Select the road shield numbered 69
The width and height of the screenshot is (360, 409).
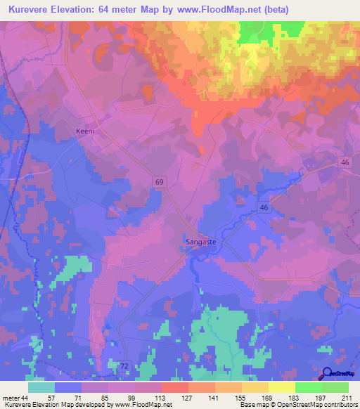tap(160, 181)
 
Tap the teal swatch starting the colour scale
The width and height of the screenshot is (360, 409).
tap(41, 387)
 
